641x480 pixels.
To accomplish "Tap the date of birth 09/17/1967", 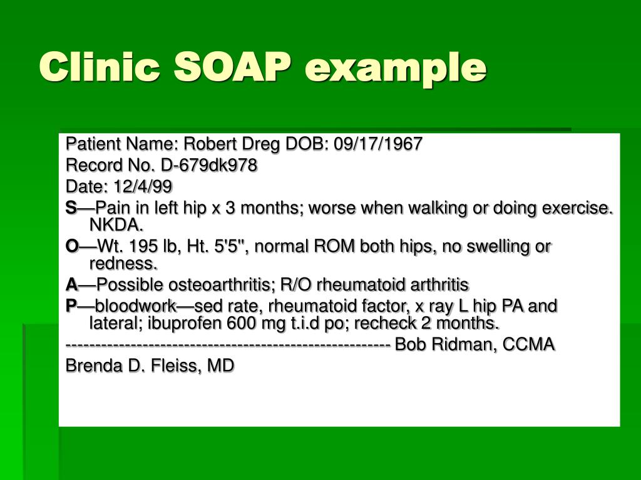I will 378,144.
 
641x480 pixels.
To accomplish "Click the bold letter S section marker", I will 69,207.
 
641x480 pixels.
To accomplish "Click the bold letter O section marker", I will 71,247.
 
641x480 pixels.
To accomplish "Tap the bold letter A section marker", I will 71,286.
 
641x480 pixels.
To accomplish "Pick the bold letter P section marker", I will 70,306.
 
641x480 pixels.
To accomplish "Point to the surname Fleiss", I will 178,366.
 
